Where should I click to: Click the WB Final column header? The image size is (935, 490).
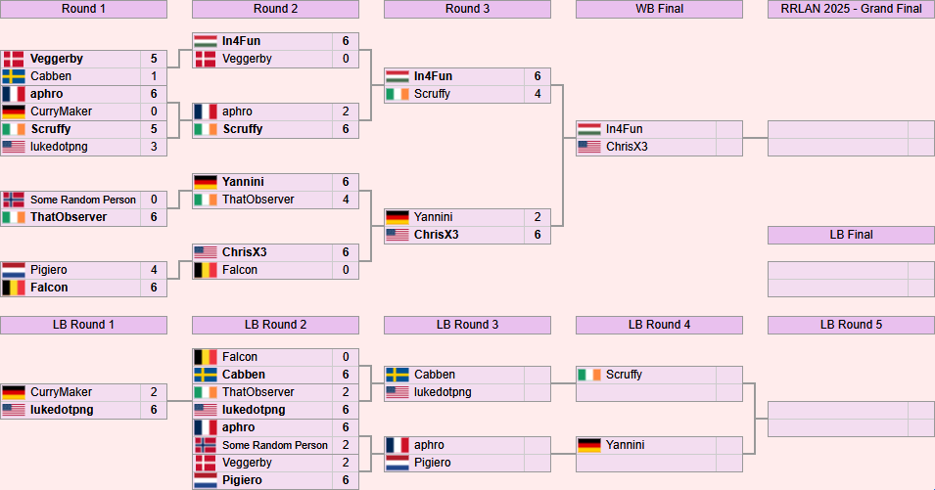659,9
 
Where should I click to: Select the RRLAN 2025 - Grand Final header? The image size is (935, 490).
851,9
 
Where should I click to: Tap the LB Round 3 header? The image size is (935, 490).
467,325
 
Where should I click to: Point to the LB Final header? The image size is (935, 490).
851,235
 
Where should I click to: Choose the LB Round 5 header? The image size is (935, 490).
851,325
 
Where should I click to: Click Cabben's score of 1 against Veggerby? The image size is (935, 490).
154,76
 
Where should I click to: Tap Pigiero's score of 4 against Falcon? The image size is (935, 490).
154,270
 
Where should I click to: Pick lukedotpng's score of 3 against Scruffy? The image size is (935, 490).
154,147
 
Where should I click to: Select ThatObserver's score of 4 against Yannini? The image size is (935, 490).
346,200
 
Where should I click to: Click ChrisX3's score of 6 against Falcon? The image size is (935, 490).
346,252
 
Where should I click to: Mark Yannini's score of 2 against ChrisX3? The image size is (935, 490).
538,217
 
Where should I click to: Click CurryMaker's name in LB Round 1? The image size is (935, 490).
61,392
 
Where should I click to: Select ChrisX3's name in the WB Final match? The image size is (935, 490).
627,147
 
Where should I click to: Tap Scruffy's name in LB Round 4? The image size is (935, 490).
624,375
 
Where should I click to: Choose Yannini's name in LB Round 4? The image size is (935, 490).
625,445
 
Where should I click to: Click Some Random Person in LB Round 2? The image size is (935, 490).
275,445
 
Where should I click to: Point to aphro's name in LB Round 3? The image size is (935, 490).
429,445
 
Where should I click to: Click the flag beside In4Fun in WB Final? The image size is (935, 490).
589,129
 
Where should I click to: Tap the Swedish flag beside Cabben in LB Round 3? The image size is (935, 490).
397,375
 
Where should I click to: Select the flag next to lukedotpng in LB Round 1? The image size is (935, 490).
14,410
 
